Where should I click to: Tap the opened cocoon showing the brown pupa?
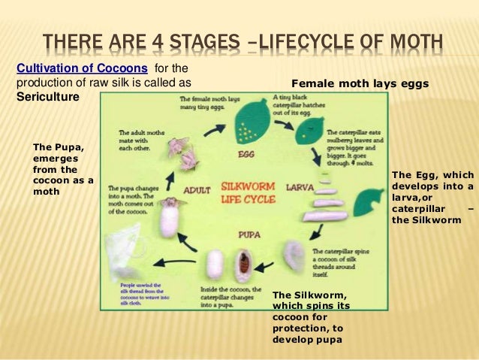[244, 262]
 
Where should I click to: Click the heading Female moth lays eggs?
[360, 84]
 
